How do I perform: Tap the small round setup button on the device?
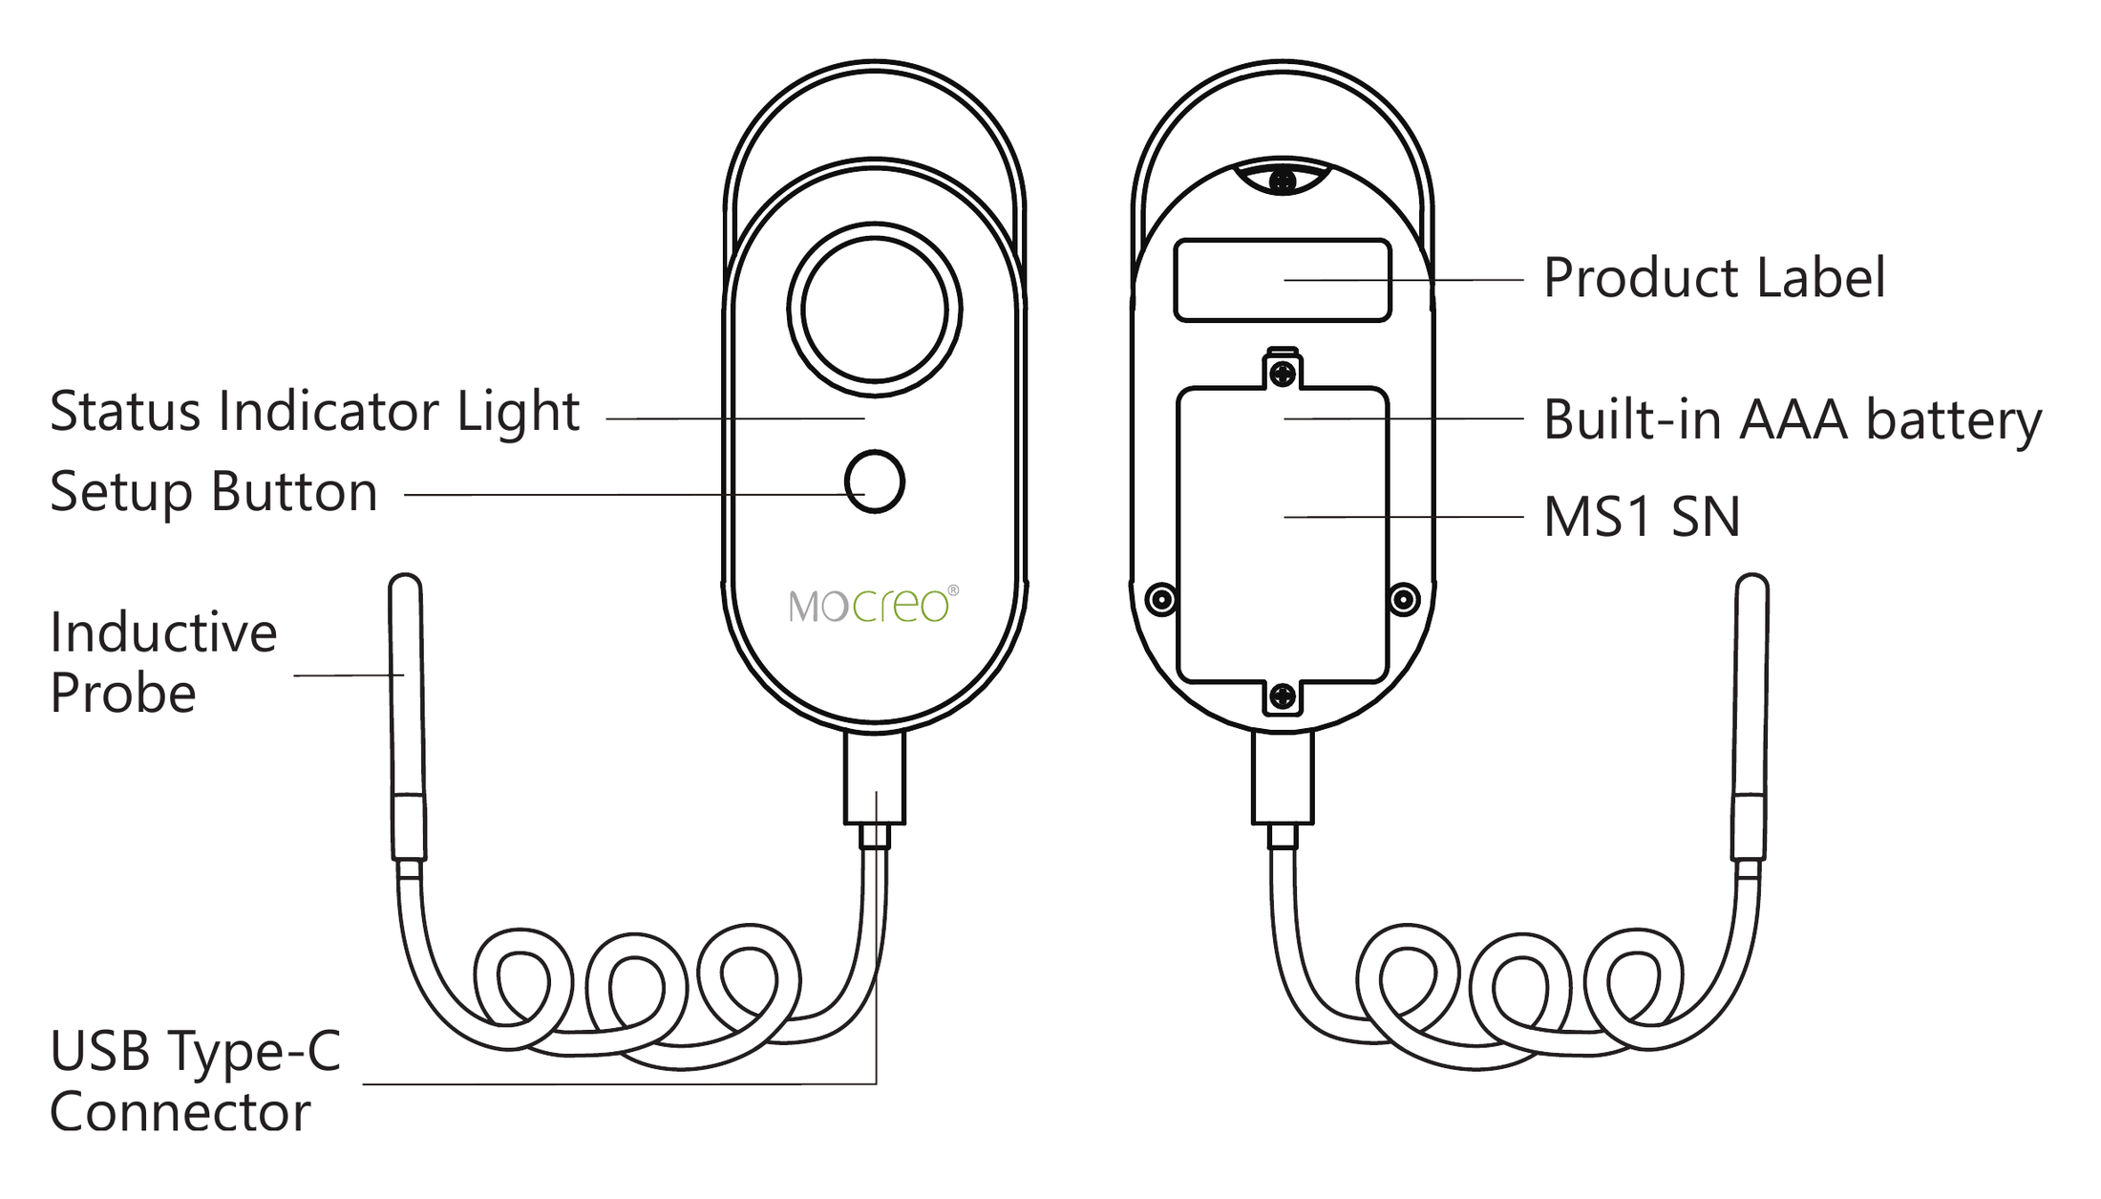pyautogui.click(x=875, y=482)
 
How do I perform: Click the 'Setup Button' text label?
pyautogui.click(x=213, y=492)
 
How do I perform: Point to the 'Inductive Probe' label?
pyautogui.click(x=163, y=661)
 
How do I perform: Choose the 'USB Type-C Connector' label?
pyautogui.click(x=195, y=1081)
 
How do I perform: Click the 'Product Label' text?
pyautogui.click(x=1714, y=279)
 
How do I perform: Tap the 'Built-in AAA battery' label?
pyautogui.click(x=1793, y=420)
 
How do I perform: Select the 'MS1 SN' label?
pyautogui.click(x=1642, y=517)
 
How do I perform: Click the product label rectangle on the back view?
pyautogui.click(x=1283, y=280)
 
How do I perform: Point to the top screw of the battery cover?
pyautogui.click(x=1284, y=374)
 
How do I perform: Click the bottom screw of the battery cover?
pyautogui.click(x=1284, y=696)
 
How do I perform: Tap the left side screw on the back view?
pyautogui.click(x=1161, y=600)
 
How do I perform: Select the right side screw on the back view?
pyautogui.click(x=1404, y=600)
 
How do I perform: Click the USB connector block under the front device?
pyautogui.click(x=875, y=779)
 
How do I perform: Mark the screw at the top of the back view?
pyautogui.click(x=1283, y=180)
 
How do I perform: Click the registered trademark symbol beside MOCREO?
pyautogui.click(x=952, y=590)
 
